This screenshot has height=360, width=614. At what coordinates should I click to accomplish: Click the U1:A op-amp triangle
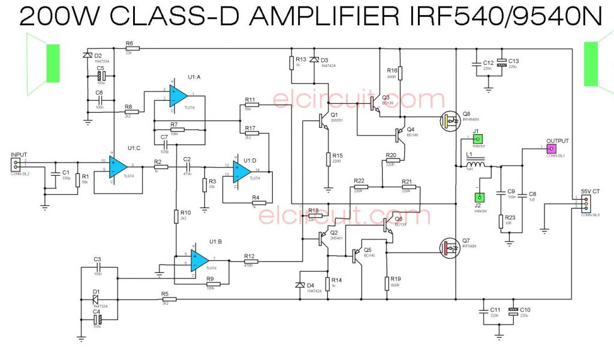[x=178, y=95]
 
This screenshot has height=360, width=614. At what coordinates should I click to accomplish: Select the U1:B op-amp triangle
[x=200, y=260]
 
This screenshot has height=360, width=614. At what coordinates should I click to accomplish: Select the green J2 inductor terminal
[x=479, y=197]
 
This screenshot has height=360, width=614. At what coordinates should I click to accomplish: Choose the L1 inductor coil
[x=476, y=165]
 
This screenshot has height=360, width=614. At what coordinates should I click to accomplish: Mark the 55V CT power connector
[x=585, y=205]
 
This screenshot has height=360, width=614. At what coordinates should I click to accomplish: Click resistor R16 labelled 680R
[x=400, y=73]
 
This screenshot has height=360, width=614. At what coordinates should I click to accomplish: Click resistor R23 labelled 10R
[x=501, y=221]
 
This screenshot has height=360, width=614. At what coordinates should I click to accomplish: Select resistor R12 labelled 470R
[x=251, y=261]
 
